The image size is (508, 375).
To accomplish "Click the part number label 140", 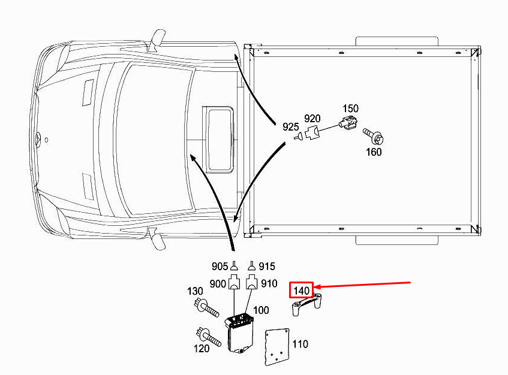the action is coord(301,290).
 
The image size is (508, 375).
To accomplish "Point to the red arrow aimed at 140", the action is coord(362,285).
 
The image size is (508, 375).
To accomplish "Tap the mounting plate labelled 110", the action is coord(276,347).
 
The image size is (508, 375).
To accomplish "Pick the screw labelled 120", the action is coord(208,337).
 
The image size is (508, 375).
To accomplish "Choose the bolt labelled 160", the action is coord(374,137).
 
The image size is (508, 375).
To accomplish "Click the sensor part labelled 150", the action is coord(348,122).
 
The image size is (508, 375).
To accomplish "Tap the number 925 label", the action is coord(290,126).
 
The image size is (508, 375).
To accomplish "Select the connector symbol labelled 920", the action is coord(312,132).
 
